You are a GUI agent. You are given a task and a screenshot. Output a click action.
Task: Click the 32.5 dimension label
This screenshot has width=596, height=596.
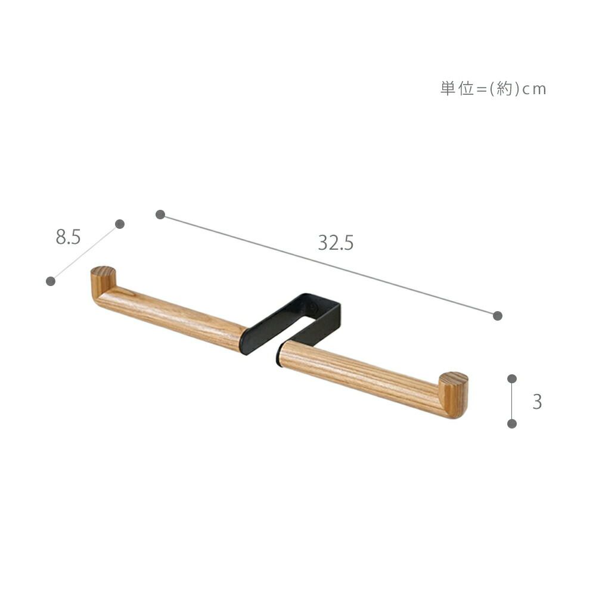(336, 243)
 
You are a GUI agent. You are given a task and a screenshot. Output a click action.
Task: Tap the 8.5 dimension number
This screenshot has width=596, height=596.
(69, 237)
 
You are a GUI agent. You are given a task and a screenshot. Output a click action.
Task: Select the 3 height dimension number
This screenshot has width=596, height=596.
(537, 401)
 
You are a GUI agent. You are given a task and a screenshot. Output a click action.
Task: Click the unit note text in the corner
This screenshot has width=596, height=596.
(493, 89)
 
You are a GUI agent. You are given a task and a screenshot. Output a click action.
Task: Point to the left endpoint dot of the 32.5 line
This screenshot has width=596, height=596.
(160, 215)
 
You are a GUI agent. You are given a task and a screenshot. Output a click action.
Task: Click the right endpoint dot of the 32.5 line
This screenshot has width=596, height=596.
(497, 315)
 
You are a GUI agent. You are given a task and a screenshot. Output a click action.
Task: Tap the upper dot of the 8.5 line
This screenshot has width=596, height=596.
(120, 224)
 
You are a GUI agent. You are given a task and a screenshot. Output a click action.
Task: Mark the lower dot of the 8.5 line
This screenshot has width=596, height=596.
(51, 281)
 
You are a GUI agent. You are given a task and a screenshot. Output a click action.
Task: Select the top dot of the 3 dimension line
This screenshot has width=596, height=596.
(512, 378)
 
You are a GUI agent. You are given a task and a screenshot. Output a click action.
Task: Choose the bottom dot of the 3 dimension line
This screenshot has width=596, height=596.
(512, 423)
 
